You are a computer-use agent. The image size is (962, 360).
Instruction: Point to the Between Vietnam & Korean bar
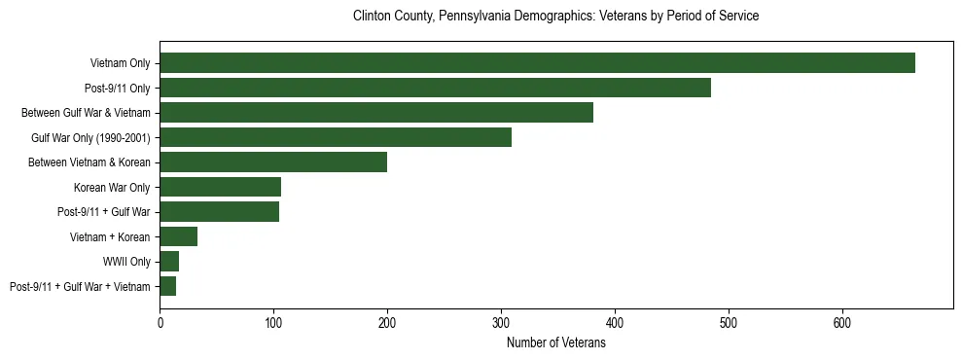273,162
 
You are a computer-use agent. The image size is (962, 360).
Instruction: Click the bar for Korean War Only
221,187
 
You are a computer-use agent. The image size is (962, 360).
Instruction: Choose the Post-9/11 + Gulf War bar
220,212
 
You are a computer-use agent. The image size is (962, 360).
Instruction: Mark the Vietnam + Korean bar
179,236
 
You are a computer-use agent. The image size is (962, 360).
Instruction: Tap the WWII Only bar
169,262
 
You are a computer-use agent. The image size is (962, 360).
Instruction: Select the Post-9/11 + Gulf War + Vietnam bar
168,286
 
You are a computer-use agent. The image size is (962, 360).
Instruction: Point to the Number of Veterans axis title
555,342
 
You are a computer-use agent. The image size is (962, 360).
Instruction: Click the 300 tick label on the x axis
501,322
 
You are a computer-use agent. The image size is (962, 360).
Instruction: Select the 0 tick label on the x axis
160,322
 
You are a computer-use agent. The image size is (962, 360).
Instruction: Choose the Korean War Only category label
111,187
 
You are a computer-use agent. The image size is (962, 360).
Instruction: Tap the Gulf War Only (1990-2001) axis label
90,137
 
